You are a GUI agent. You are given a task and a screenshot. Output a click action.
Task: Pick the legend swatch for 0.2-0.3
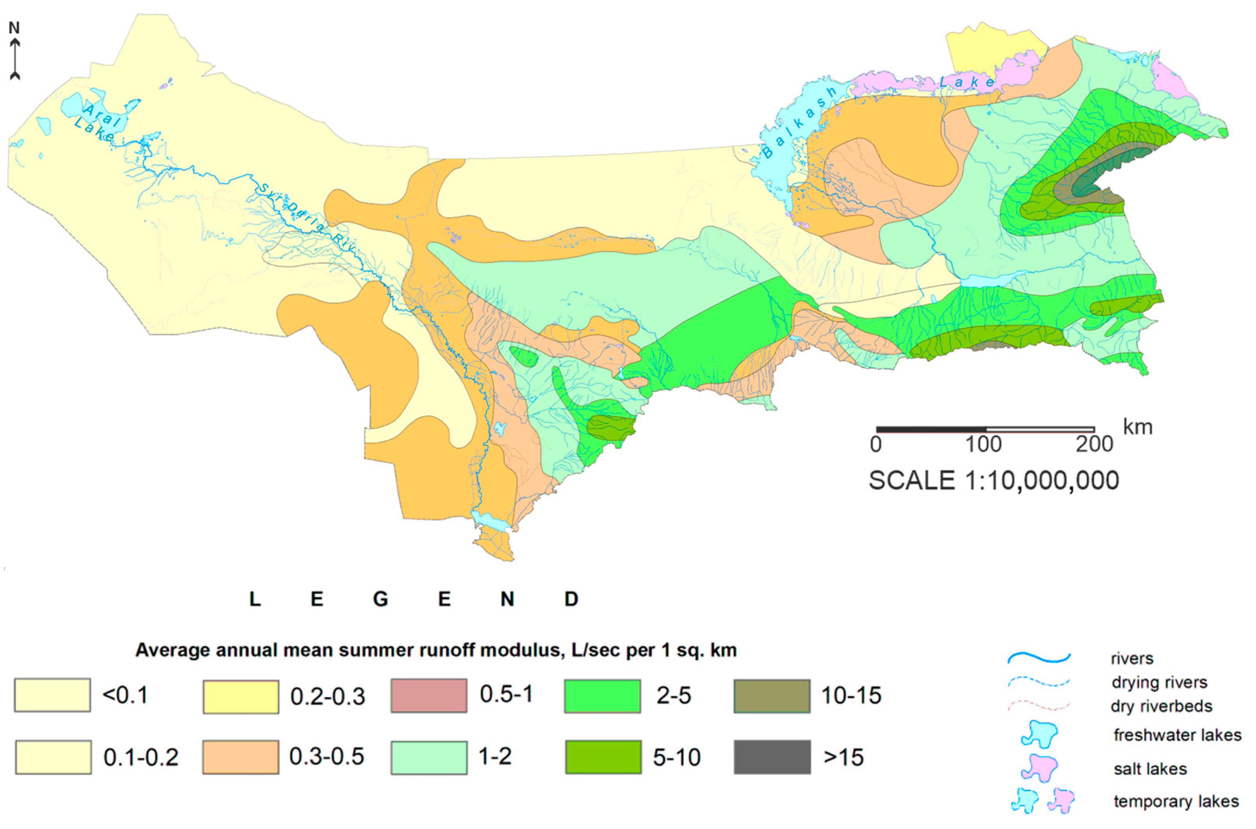(x=241, y=697)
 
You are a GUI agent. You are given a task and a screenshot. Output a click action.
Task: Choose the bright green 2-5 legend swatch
(x=603, y=696)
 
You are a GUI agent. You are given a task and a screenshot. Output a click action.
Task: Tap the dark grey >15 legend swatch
(x=772, y=757)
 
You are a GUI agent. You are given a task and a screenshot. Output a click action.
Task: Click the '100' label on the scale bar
(x=983, y=445)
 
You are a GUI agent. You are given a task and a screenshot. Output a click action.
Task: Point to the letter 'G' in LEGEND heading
(x=380, y=599)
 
